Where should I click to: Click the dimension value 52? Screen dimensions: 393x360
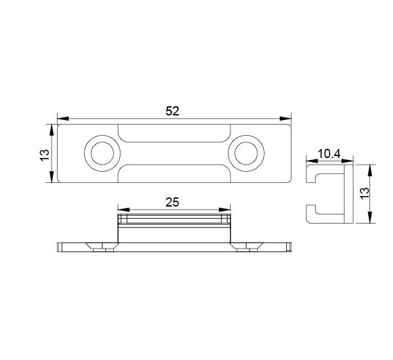(x=172, y=111)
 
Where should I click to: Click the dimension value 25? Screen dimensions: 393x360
(x=172, y=202)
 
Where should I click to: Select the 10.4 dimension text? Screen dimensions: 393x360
(x=329, y=154)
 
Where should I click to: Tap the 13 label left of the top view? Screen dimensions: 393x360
(x=45, y=155)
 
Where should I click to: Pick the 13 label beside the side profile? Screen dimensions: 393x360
(x=365, y=193)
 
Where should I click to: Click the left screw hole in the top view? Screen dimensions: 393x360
(x=102, y=153)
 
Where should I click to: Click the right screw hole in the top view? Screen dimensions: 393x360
(x=246, y=153)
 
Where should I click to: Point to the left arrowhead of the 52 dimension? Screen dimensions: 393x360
(x=63, y=119)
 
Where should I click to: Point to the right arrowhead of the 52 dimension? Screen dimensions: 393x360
(x=286, y=119)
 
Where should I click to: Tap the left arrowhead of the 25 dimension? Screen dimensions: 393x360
(x=124, y=210)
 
